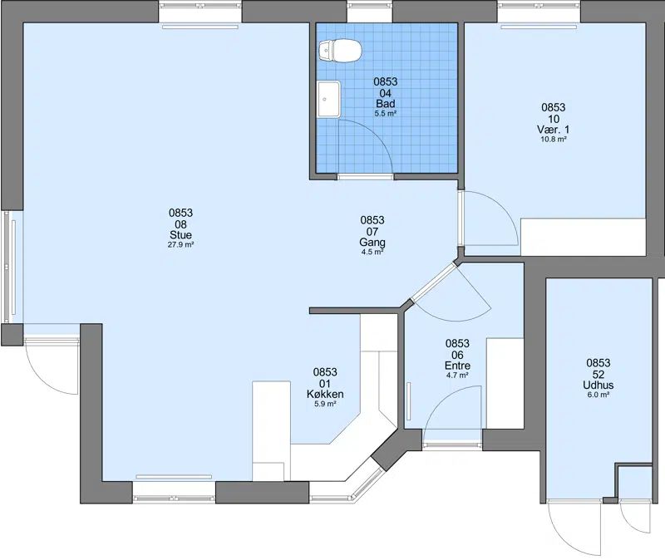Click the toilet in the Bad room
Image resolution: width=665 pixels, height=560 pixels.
[x=340, y=51]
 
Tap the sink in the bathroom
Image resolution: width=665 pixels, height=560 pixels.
[x=328, y=99]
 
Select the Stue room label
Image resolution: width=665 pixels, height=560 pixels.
[x=180, y=235]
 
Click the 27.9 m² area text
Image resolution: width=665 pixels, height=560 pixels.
[x=180, y=244]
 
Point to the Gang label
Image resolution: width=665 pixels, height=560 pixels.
[x=372, y=243]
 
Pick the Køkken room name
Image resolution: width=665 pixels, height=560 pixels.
[x=325, y=395]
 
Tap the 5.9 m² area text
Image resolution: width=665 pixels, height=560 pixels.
[x=325, y=404]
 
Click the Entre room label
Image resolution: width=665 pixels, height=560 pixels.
[x=457, y=366]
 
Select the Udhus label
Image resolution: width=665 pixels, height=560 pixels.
[x=598, y=385]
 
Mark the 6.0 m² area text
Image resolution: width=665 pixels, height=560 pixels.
[x=598, y=395]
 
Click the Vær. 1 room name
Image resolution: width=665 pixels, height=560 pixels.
[x=554, y=130]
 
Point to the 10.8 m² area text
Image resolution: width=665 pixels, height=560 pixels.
[x=554, y=139]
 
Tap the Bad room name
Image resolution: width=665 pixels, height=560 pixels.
[x=386, y=103]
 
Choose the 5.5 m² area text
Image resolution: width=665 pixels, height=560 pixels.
[x=386, y=113]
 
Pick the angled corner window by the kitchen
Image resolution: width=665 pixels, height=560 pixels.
[x=368, y=484]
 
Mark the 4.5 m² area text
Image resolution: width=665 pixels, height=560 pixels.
[x=372, y=253]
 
